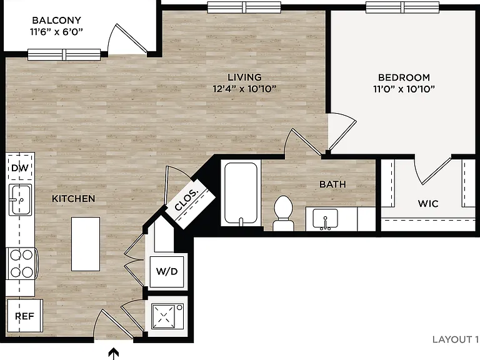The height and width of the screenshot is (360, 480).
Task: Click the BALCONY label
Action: (x=57, y=20)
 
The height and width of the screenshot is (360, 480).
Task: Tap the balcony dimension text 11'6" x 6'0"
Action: (x=57, y=31)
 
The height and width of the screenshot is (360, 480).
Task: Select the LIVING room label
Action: (x=244, y=77)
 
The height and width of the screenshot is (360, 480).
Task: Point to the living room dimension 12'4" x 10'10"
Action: (x=244, y=89)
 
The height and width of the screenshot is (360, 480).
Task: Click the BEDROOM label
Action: (x=404, y=77)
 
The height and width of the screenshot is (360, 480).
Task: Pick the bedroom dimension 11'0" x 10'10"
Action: (x=404, y=89)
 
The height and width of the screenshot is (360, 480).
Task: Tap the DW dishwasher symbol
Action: (x=20, y=167)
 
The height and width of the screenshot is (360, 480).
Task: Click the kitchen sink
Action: (x=20, y=199)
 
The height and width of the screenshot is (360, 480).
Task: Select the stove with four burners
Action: (x=22, y=264)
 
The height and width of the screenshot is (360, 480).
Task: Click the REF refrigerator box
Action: (x=25, y=316)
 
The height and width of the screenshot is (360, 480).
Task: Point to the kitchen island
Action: (x=86, y=244)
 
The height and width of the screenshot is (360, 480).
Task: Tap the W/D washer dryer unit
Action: (x=167, y=271)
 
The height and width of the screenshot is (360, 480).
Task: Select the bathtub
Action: (x=241, y=194)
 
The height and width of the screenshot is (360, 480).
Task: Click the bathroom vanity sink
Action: (x=326, y=219)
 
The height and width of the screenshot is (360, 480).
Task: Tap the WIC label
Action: (x=428, y=204)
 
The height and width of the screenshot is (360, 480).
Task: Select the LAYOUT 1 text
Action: (x=455, y=339)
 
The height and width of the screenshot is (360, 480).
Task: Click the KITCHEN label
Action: (x=74, y=199)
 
